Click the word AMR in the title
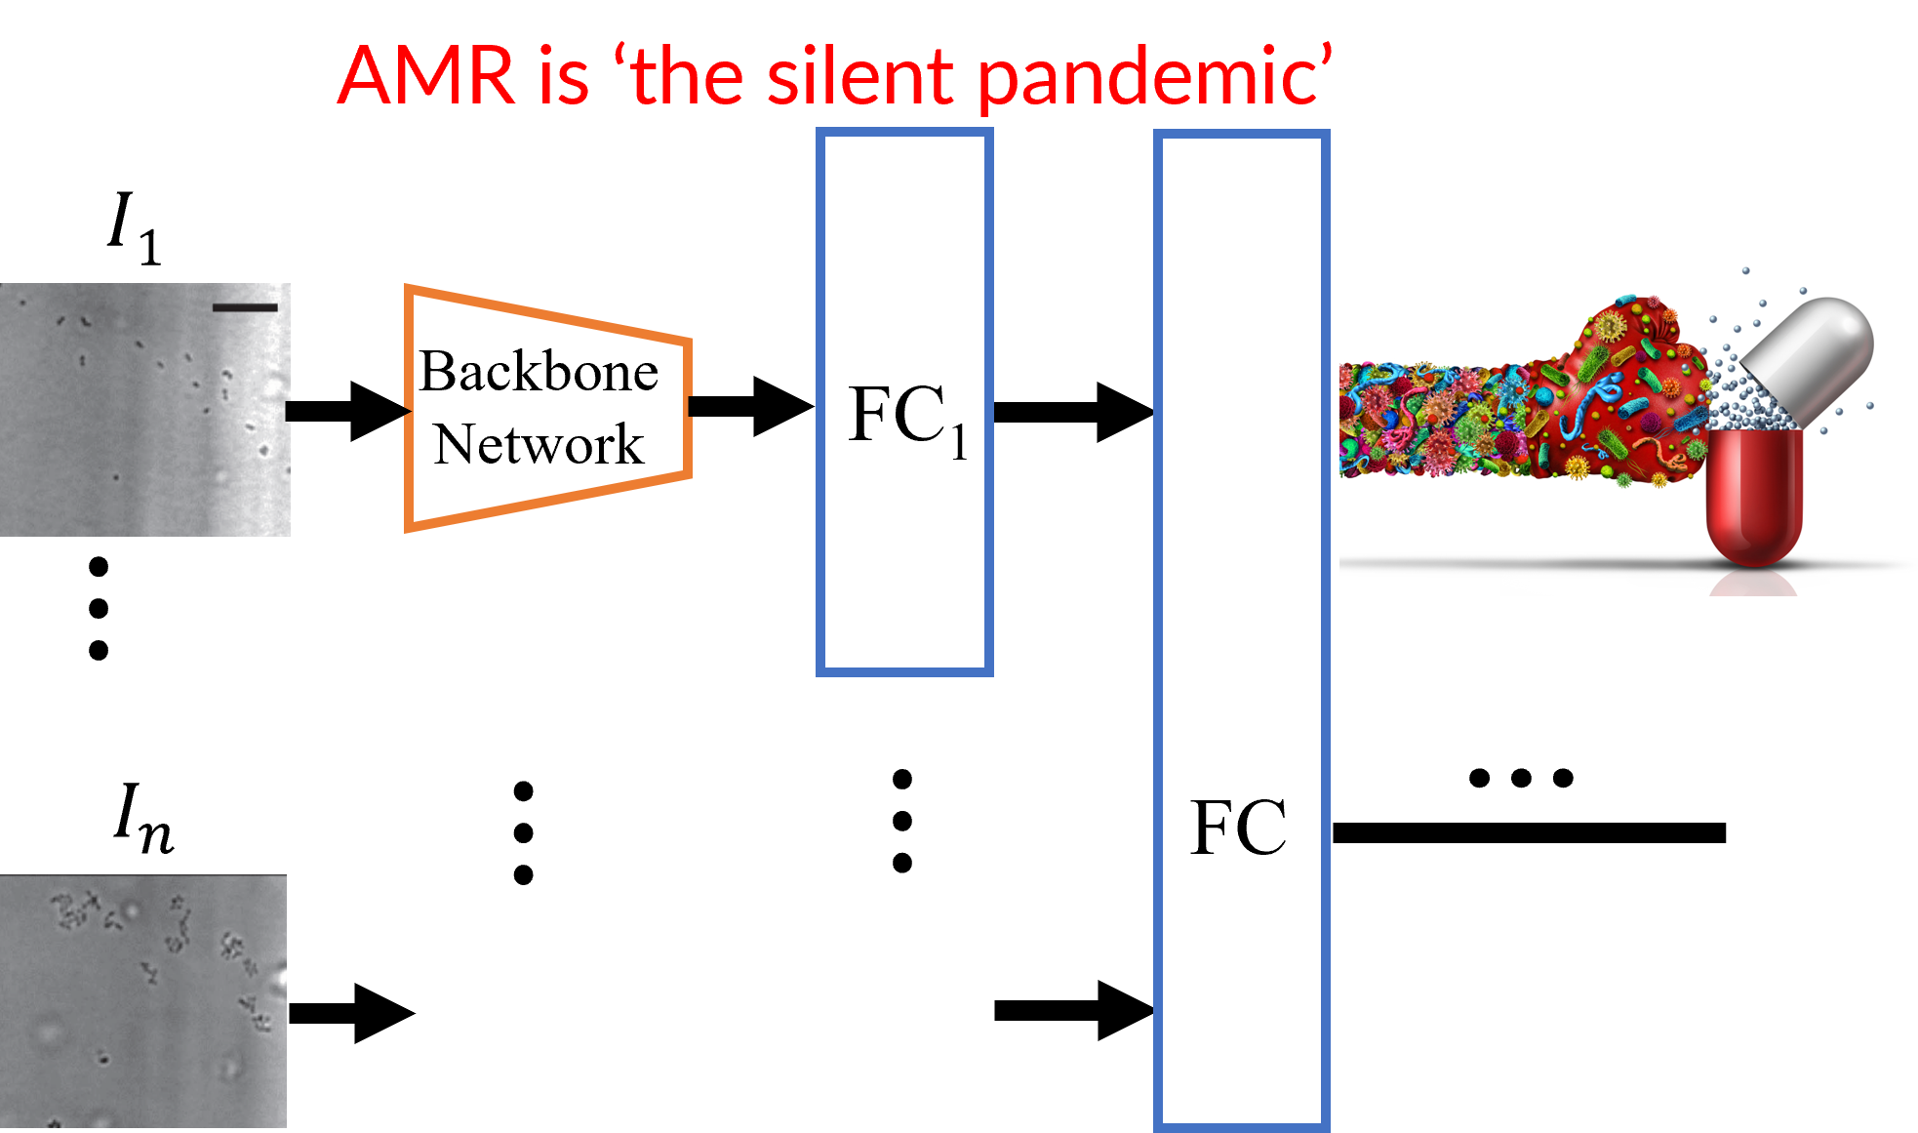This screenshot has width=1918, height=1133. (x=425, y=76)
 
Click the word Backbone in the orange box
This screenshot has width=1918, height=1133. (x=539, y=372)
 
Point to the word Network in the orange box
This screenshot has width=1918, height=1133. (x=539, y=445)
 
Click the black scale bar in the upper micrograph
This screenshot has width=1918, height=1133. (x=245, y=307)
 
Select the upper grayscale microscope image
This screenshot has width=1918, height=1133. (x=144, y=410)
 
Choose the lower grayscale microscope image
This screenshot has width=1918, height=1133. (x=142, y=1001)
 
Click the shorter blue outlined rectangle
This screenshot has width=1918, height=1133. (x=904, y=402)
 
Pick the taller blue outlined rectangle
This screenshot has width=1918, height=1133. (x=1241, y=630)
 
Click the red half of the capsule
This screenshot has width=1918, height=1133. (x=1753, y=498)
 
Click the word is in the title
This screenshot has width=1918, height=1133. (x=563, y=76)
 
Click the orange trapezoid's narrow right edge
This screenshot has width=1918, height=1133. (x=689, y=408)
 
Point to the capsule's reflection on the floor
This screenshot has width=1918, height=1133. (x=1753, y=583)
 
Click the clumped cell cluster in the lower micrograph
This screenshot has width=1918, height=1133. (x=73, y=910)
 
